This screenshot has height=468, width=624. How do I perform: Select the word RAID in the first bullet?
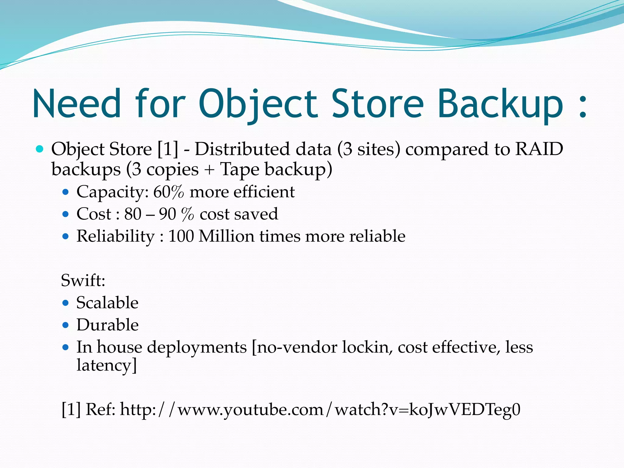pos(539,149)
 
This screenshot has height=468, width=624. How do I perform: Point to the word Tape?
pos(240,169)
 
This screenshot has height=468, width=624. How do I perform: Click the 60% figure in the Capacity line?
pos(168,192)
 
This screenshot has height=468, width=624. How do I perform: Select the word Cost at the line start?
pos(94,214)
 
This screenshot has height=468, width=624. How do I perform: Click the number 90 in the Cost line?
pos(167,214)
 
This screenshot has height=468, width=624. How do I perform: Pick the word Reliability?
pos(115,236)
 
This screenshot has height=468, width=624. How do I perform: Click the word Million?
pos(226,236)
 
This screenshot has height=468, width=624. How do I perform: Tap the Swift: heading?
pos(83,280)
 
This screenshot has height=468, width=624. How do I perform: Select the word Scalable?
pos(107,303)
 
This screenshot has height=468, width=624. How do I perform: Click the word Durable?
pos(107,325)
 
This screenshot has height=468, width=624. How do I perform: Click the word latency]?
pos(106,365)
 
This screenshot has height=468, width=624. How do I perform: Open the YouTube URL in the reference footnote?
pos(320,409)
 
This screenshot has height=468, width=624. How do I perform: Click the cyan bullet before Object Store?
pos(40,149)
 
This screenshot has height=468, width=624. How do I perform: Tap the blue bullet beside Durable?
pos(65,325)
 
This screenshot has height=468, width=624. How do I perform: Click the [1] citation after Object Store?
pos(168,149)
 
